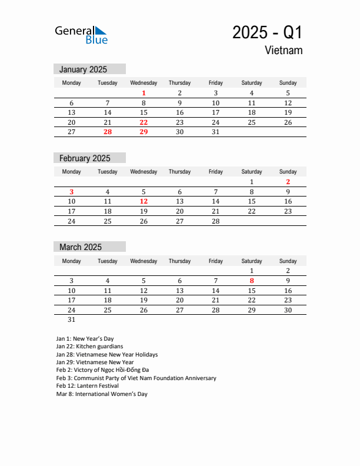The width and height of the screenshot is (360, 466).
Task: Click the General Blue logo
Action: [81, 34]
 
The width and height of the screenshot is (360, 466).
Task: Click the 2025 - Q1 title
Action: [267, 32]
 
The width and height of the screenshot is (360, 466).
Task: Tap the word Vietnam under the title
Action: [284, 51]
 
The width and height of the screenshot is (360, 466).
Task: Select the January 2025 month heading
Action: [83, 69]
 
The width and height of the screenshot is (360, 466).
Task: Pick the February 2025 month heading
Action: [85, 158]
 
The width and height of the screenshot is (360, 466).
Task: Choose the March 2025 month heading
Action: [81, 247]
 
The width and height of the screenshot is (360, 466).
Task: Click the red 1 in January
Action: [144, 93]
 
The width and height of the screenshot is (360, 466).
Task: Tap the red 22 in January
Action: [144, 122]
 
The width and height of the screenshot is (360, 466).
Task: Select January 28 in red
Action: [108, 132]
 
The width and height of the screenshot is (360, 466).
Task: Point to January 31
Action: [215, 132]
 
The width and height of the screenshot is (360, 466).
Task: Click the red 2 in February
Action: [288, 182]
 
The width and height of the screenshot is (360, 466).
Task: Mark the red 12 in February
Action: [144, 201]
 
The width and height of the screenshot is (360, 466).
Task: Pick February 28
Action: [215, 221]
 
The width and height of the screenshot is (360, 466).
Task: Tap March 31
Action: [72, 320]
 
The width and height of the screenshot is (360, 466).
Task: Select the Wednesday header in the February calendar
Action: [144, 172]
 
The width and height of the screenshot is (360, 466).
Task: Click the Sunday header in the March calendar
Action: [288, 261]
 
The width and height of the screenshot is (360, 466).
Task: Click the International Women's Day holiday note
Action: [102, 394]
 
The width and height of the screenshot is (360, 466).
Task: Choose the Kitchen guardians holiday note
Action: [89, 347]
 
